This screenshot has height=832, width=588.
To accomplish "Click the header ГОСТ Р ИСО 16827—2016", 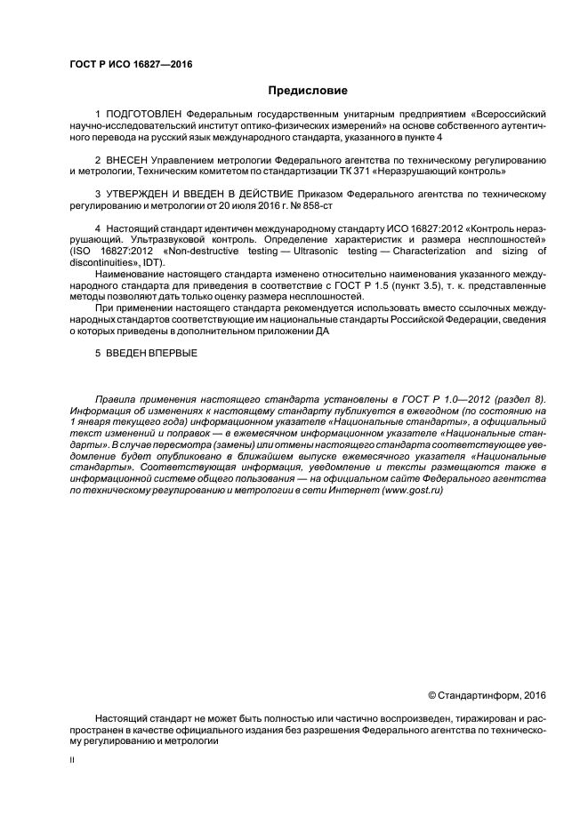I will click(x=131, y=64).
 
